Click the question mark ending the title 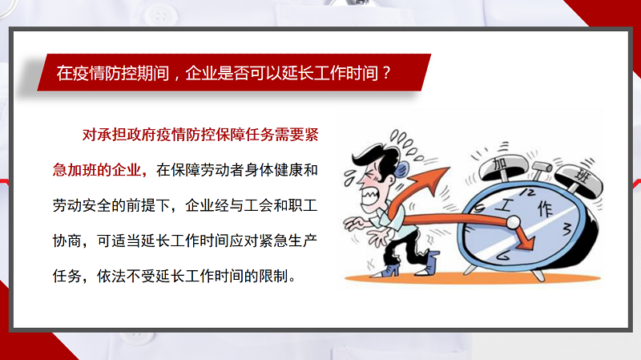coord(387,73)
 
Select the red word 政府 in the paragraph coord(142,135)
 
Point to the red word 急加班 coord(75,170)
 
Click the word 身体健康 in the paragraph coord(274,170)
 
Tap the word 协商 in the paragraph coord(67,241)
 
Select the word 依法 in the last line coord(111,276)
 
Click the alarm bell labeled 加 coord(503,167)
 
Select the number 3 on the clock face coord(566,229)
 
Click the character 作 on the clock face coord(546,208)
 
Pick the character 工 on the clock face coord(506,204)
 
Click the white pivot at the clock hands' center coord(513,223)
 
